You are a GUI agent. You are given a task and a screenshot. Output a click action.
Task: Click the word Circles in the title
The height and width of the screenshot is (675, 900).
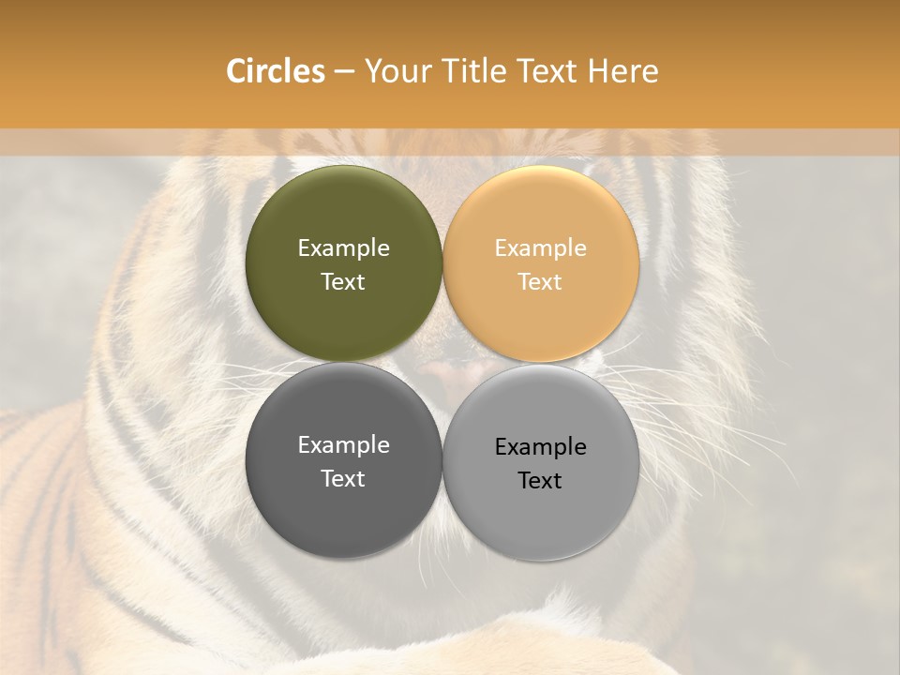[276, 71]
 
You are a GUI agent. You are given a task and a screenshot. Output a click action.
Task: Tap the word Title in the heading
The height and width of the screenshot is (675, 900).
[475, 71]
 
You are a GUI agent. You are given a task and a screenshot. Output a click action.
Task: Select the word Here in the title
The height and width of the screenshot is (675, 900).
[624, 71]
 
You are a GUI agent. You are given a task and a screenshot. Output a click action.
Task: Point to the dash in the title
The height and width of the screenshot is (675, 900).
[344, 72]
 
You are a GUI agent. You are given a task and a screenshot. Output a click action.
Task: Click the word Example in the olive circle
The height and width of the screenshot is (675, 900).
[343, 248]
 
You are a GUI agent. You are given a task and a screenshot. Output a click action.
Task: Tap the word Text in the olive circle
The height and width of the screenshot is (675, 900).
[343, 282]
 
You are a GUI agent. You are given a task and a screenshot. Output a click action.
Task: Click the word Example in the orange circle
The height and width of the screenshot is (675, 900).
[540, 248]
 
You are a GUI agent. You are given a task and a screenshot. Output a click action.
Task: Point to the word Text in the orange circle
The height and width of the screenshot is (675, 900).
[540, 282]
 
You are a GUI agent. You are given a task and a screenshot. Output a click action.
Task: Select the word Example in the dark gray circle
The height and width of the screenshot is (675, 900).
[343, 445]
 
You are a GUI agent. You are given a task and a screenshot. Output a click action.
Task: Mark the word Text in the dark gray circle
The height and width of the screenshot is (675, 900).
[343, 479]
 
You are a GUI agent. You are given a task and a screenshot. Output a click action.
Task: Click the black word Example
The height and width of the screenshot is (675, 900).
[540, 447]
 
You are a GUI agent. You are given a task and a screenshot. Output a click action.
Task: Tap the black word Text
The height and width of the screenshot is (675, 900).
[540, 481]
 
